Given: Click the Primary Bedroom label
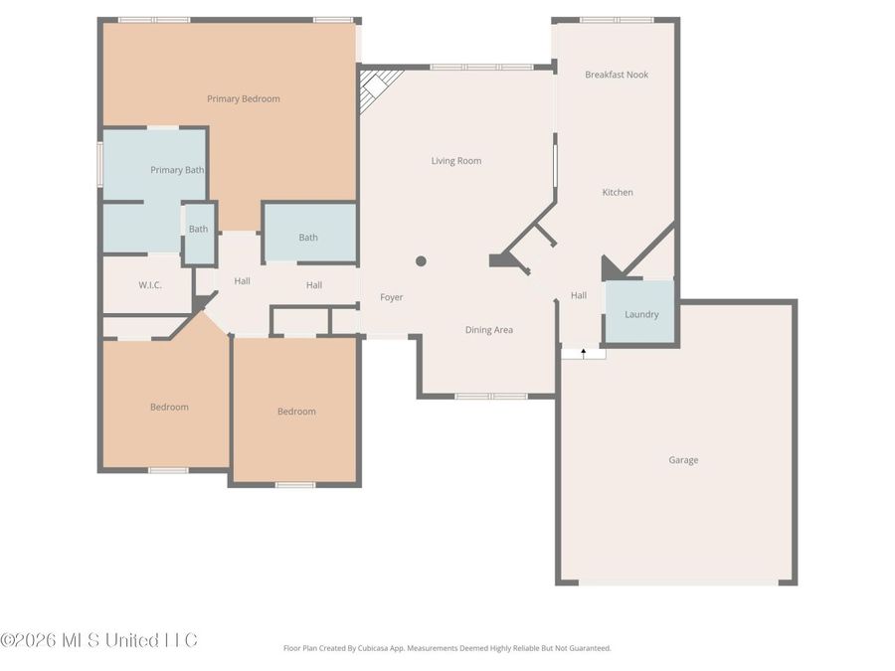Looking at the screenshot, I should click(243, 98).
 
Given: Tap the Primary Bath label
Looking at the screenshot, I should click(177, 170).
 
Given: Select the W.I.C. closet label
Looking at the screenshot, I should click(149, 284).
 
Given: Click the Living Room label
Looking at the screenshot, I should click(456, 160).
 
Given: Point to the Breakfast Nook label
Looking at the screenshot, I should click(617, 75).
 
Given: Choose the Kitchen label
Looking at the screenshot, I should click(618, 192).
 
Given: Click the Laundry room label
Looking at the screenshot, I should click(641, 314).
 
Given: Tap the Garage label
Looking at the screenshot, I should click(683, 459).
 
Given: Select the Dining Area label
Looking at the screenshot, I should click(489, 329).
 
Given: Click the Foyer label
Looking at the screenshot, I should click(392, 297).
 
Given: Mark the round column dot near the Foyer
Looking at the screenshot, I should click(421, 261).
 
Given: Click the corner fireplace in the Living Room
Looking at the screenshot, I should click(376, 86).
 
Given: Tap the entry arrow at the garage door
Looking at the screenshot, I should click(583, 353).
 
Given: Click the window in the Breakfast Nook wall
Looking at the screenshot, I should click(617, 20).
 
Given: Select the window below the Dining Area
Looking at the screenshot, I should click(491, 397).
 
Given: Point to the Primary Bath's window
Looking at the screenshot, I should click(99, 164).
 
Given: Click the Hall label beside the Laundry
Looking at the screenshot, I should click(579, 295).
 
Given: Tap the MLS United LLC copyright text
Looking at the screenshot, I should click(99, 639).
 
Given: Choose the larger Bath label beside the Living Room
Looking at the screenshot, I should click(308, 237).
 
